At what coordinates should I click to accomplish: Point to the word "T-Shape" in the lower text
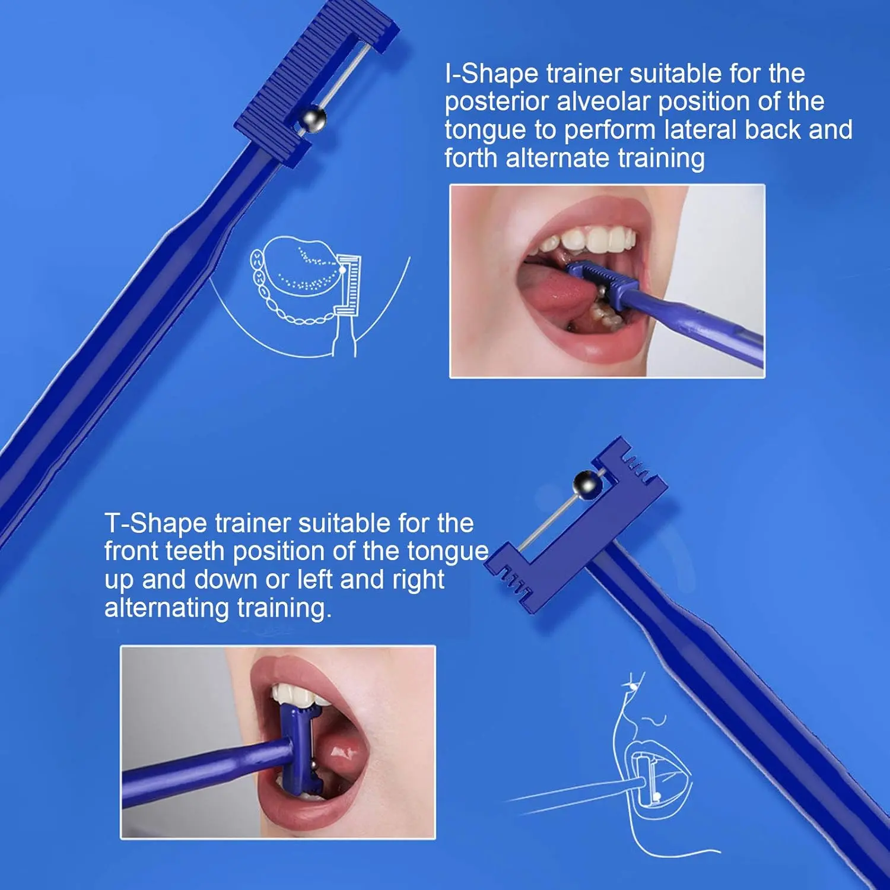155,524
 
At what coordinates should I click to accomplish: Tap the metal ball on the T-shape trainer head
587,484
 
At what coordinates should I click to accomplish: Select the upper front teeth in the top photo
593,240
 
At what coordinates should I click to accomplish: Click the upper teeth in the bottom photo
297,694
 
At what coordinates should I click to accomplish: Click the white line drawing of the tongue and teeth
303,279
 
